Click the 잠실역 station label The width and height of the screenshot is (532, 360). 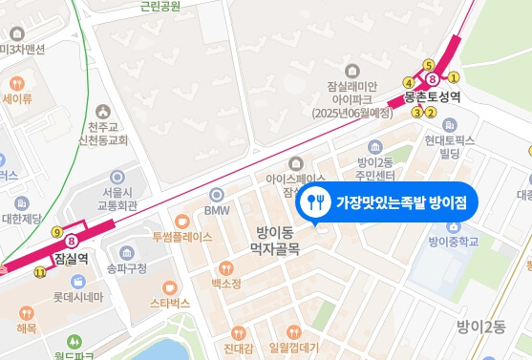[x=73, y=258]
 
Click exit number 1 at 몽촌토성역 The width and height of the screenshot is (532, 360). [x=455, y=77]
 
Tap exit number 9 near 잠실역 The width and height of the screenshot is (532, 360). [x=57, y=232]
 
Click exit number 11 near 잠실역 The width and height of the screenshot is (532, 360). [x=39, y=272]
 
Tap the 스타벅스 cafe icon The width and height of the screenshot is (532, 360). [x=170, y=286]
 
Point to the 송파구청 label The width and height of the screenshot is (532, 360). [x=128, y=269]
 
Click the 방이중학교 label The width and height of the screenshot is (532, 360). [x=452, y=242]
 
